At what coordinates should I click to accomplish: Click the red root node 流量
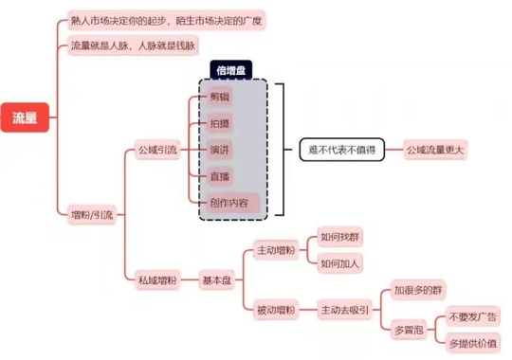tap(25, 117)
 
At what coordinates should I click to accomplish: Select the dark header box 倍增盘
tap(230, 70)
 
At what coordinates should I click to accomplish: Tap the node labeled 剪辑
tap(219, 97)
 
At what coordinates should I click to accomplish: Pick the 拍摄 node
tap(219, 123)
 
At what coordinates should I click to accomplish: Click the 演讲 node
tap(219, 150)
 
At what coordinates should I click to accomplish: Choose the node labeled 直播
tap(219, 176)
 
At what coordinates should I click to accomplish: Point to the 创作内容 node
tap(233, 203)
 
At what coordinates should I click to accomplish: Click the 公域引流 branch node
tap(157, 150)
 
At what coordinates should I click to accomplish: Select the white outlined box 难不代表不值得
tap(342, 150)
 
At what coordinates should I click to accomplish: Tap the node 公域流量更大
tap(435, 150)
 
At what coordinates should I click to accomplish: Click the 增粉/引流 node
tap(92, 215)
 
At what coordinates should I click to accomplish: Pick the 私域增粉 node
tap(157, 280)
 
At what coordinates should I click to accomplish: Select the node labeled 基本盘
tap(217, 280)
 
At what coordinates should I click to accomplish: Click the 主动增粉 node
tap(276, 250)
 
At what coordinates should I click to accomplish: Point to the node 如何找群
tap(339, 237)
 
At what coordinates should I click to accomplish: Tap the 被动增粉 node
tap(276, 310)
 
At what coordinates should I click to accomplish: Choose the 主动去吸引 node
tap(345, 310)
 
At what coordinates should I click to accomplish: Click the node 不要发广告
tap(473, 316)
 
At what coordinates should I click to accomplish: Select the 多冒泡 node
tap(409, 330)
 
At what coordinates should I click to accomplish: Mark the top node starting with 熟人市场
tap(166, 21)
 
